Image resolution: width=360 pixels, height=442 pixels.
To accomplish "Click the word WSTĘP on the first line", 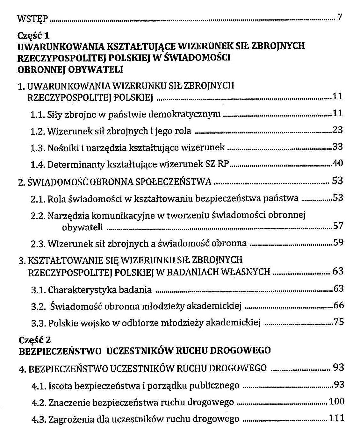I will coord(32,19).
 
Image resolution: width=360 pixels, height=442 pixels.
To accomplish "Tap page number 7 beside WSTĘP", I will coord(339,17).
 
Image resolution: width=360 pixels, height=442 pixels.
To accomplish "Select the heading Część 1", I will coord(33,35).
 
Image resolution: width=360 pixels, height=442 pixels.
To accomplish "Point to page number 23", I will coord(337,130).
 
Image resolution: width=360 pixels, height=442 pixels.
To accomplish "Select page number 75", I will coord(339,322).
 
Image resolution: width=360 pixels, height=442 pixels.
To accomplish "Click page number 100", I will coord(336,401).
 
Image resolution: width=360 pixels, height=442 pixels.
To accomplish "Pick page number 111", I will coord(336,418).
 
